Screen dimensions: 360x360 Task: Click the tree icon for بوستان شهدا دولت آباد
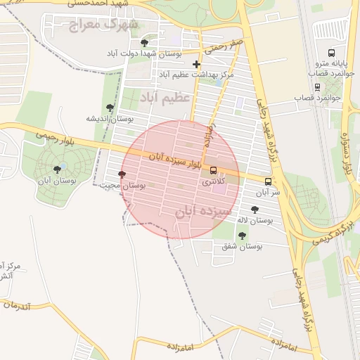(145, 43)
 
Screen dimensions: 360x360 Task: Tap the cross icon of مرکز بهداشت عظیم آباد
(196, 64)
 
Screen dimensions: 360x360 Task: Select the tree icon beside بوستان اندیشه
(110, 108)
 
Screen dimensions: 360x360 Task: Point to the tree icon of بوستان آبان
(57, 169)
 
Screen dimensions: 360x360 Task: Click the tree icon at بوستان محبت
(122, 174)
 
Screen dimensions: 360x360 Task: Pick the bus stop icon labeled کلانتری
(214, 170)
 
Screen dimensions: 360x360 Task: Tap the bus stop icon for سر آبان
(268, 181)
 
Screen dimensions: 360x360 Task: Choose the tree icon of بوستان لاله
(255, 209)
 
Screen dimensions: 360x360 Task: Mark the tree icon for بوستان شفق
(242, 236)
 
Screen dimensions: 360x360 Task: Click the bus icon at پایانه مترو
(332, 53)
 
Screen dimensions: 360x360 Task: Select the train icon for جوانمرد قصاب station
(318, 87)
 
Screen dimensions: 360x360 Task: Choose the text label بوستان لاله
(255, 220)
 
